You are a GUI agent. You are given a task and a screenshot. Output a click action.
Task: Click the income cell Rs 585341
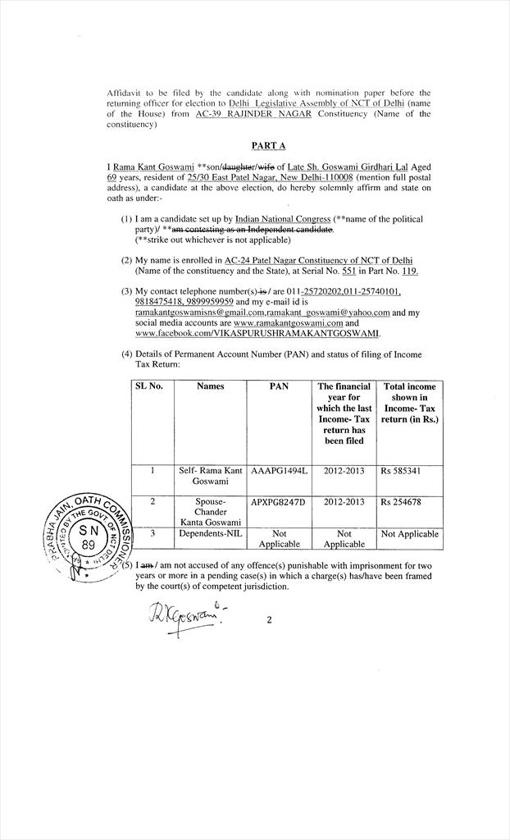401,471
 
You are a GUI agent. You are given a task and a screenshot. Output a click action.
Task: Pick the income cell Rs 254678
401,501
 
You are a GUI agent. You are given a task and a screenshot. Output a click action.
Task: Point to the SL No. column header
148,386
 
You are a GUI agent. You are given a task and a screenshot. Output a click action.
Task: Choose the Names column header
211,386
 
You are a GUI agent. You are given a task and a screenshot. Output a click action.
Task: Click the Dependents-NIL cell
211,533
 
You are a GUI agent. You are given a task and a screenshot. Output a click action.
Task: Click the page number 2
269,620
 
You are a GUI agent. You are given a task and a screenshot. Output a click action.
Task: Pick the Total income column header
410,402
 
